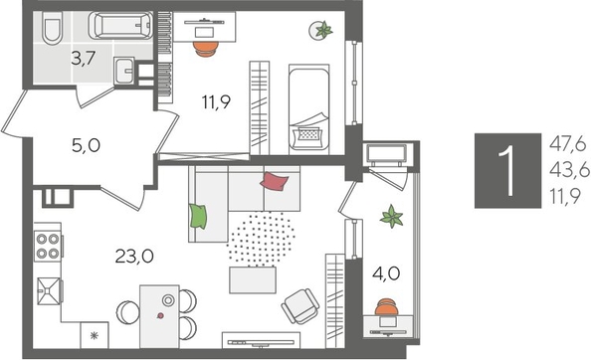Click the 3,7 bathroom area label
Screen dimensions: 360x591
83,58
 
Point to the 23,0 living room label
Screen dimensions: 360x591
133,256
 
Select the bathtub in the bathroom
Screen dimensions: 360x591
119,24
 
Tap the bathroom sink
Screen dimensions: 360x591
125,72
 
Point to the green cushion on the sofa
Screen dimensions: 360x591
199,215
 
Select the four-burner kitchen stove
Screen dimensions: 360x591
48,245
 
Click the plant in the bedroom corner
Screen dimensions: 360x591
324,32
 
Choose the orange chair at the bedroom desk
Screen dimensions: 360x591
205,45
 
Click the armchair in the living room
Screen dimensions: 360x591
299,306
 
